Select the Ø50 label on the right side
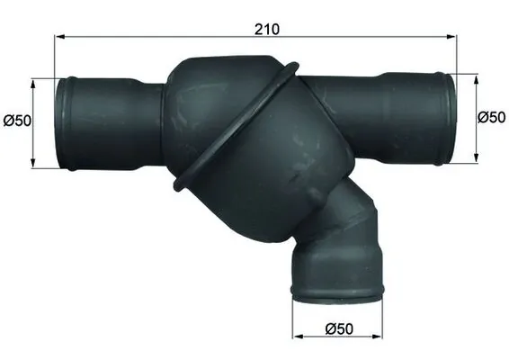490,117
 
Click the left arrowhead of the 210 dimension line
59,38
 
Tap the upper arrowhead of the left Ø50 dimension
34,82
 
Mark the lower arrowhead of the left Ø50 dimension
34,165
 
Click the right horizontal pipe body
378,112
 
